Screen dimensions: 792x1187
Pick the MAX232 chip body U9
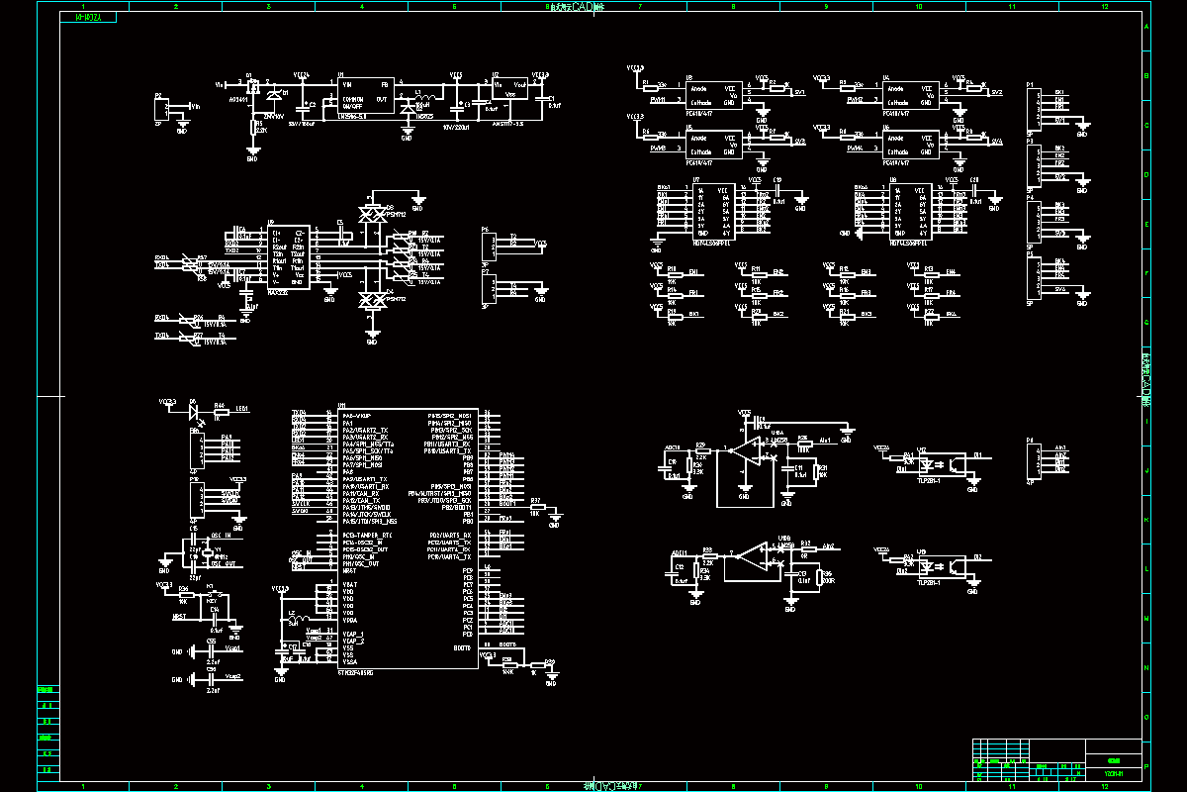click(287, 255)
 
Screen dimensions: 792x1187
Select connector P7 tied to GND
click(488, 287)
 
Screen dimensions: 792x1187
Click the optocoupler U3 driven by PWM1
click(712, 95)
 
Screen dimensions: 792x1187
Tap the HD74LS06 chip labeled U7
click(712, 209)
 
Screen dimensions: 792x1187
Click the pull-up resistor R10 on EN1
click(673, 272)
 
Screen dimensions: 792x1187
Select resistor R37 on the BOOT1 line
click(535, 508)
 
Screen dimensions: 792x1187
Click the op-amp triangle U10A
click(751, 450)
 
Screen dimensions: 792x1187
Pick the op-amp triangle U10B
click(751, 559)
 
